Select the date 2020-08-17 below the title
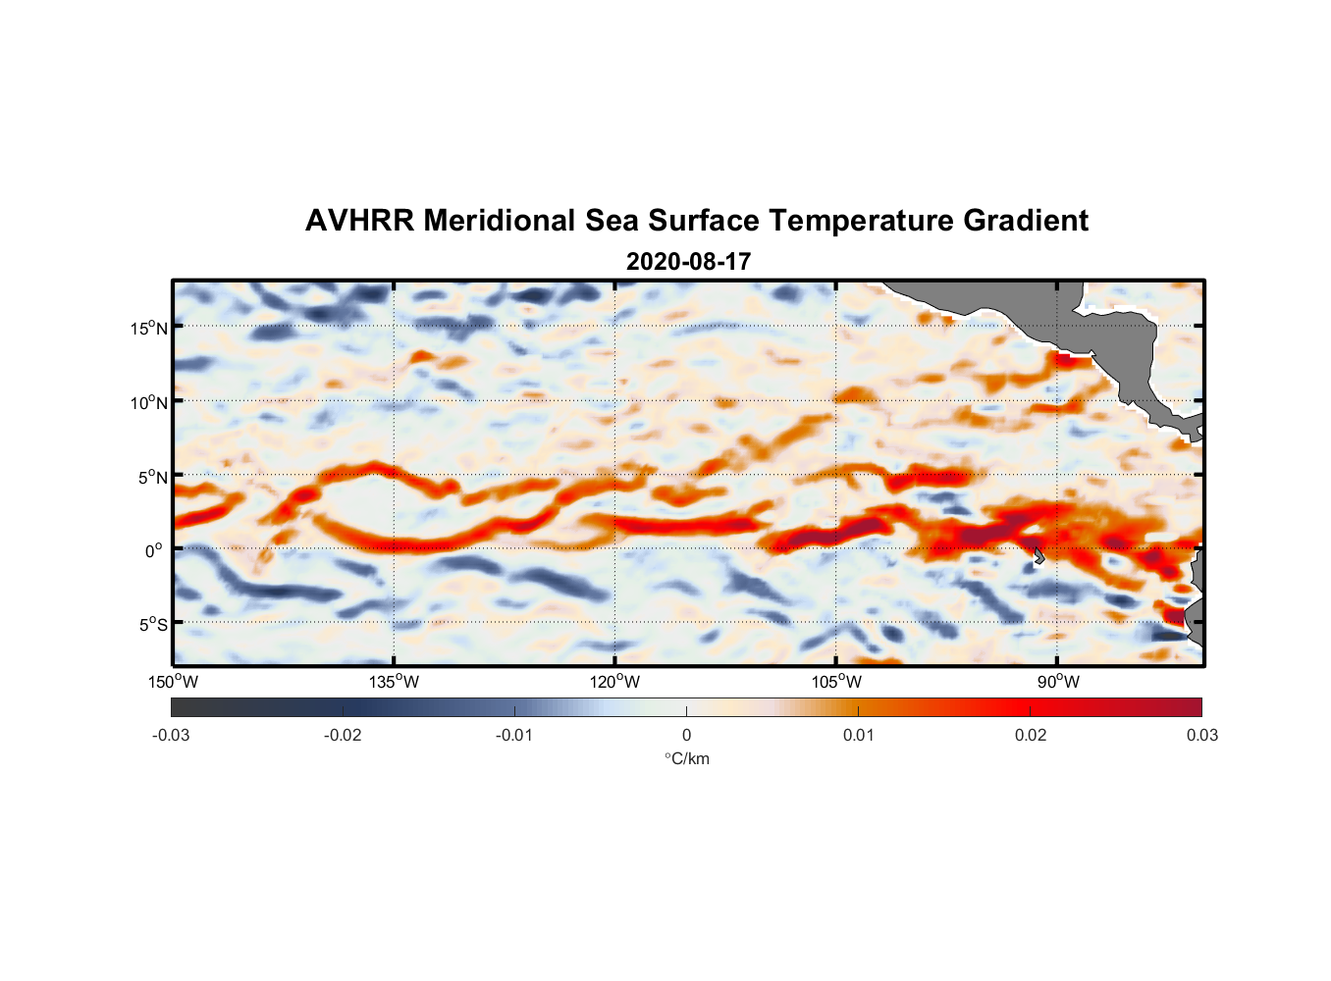point(688,262)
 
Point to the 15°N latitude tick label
point(149,328)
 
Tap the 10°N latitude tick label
point(149,402)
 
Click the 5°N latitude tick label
point(152,477)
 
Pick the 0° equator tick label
point(154,550)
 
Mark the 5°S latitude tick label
point(152,624)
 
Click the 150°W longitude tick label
point(174,682)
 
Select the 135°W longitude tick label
point(395,682)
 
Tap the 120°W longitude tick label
point(615,682)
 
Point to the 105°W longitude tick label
point(836,682)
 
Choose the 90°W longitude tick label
point(1058,682)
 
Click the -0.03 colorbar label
point(171,735)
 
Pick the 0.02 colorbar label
point(1031,735)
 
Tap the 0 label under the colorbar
point(686,735)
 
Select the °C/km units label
point(686,758)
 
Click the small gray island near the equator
point(1038,555)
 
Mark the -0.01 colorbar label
point(514,735)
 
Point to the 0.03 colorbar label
point(1201,735)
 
